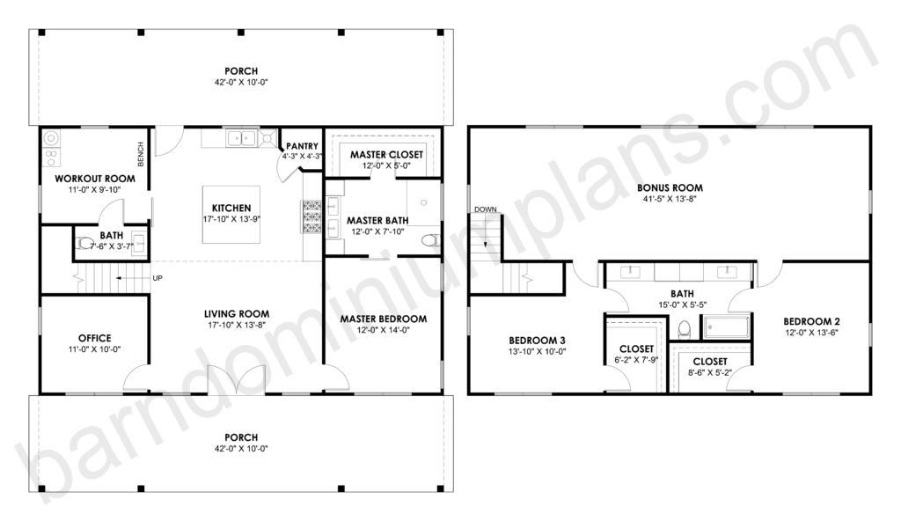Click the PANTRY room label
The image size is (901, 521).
coord(303,146)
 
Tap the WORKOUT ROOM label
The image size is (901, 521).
coord(95,179)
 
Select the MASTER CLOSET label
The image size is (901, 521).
coord(386,155)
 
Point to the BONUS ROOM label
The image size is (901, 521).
coord(670,187)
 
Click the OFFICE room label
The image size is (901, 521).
coord(95,338)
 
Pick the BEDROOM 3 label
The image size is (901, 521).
coord(537,341)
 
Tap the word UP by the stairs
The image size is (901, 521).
coord(157,278)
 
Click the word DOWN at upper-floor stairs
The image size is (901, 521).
coord(486,209)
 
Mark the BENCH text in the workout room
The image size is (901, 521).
coord(142,154)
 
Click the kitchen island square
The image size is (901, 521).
coord(231,215)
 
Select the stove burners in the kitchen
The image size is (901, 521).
coord(311,216)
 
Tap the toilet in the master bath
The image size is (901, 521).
coord(429,240)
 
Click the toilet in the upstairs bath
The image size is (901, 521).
coord(684,329)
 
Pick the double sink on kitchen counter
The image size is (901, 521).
coord(241,138)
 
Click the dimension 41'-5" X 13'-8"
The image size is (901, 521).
coord(670,199)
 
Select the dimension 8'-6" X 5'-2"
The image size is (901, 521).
coord(710,372)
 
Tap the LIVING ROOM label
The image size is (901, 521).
coord(237,314)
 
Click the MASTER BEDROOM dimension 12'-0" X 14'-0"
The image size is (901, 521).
coord(384,330)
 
